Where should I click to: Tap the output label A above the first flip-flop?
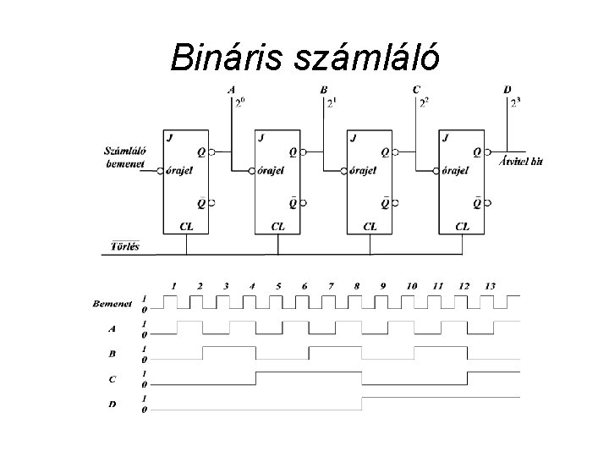click(x=232, y=90)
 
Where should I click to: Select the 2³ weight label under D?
click(x=515, y=103)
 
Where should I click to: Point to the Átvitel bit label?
click(x=521, y=161)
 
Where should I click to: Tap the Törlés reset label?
click(x=125, y=246)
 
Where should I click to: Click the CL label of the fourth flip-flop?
click(x=463, y=226)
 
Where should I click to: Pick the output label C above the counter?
click(x=416, y=90)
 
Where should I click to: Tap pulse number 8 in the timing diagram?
click(x=356, y=286)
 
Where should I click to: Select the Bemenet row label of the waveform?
click(x=110, y=302)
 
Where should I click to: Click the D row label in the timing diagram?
click(x=112, y=405)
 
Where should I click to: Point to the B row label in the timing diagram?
click(x=112, y=353)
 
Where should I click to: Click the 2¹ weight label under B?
click(x=331, y=103)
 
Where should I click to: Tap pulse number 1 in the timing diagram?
click(x=173, y=286)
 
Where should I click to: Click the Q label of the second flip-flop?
click(x=292, y=153)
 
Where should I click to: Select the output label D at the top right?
click(x=507, y=90)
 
